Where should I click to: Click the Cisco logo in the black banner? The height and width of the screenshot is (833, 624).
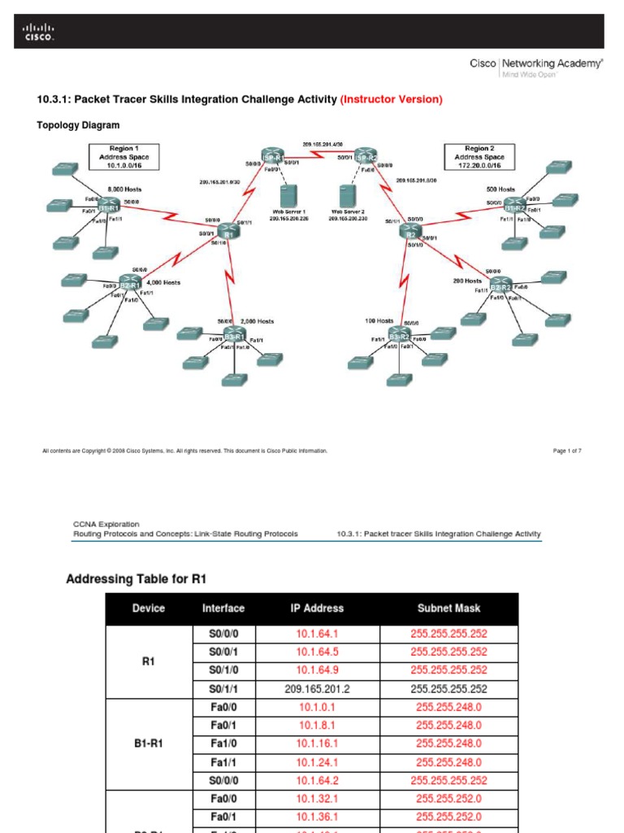[37, 33]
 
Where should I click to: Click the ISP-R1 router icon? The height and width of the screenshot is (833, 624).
[271, 157]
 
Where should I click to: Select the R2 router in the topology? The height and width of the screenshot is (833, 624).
[412, 232]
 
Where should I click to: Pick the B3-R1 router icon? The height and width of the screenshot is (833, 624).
[235, 336]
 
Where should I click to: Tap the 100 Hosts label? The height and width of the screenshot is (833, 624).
[379, 321]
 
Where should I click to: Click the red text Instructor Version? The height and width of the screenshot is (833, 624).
[392, 99]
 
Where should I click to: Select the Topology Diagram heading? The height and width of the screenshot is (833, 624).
[78, 125]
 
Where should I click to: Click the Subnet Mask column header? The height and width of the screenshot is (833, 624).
[448, 608]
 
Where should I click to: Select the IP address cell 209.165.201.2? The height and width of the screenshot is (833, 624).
[317, 687]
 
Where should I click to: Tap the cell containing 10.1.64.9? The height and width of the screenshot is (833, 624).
[317, 669]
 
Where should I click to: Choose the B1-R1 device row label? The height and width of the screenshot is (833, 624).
[148, 744]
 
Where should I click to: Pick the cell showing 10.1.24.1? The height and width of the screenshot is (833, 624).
[317, 762]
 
